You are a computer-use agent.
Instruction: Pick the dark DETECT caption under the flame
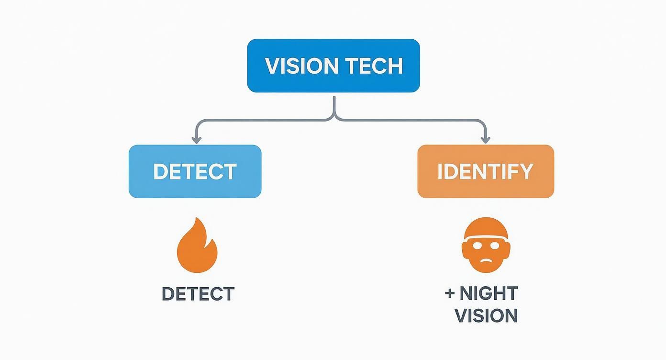(x=198, y=294)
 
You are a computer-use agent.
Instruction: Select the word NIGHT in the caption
(x=488, y=293)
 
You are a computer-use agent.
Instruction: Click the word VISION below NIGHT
(x=486, y=316)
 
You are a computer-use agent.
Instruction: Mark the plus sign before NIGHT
(x=449, y=293)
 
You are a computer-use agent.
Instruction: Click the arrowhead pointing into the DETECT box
(x=195, y=140)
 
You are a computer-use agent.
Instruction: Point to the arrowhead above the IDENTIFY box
(x=486, y=140)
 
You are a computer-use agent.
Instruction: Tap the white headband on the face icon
(x=485, y=237)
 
